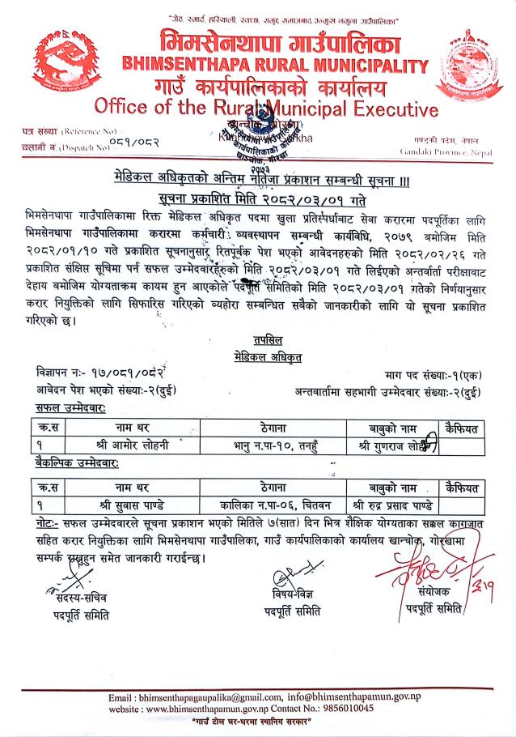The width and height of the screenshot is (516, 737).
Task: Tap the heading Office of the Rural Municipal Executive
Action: click(266, 107)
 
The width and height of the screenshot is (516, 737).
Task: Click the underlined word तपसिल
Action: click(256, 340)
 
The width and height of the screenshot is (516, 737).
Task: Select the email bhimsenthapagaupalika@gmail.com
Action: click(209, 697)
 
